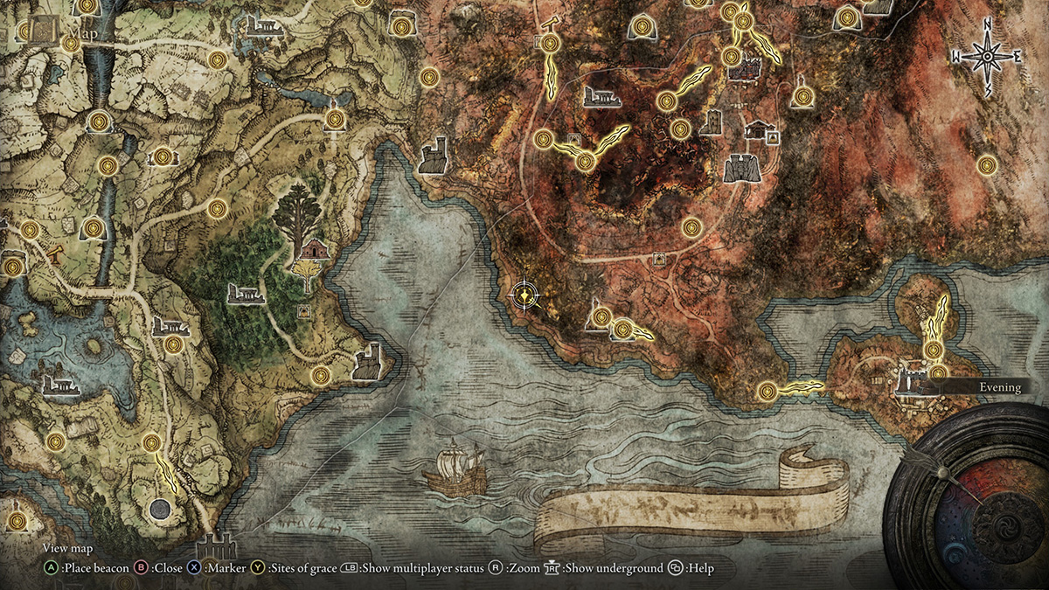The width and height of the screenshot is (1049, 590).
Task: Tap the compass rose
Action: pyautogui.click(x=987, y=57)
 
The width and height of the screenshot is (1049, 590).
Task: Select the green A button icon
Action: pyautogui.click(x=52, y=568)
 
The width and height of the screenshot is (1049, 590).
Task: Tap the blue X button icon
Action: pyautogui.click(x=193, y=568)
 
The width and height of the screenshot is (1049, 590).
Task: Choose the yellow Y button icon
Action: pyautogui.click(x=258, y=568)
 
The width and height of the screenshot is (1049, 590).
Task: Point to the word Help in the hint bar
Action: pyautogui.click(x=700, y=568)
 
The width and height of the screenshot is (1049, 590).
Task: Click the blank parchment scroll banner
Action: pyautogui.click(x=691, y=503)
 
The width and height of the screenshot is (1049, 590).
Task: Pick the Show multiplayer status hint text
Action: pyautogui.click(x=422, y=568)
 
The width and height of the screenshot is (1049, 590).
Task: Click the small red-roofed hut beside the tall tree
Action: pyautogui.click(x=312, y=250)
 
